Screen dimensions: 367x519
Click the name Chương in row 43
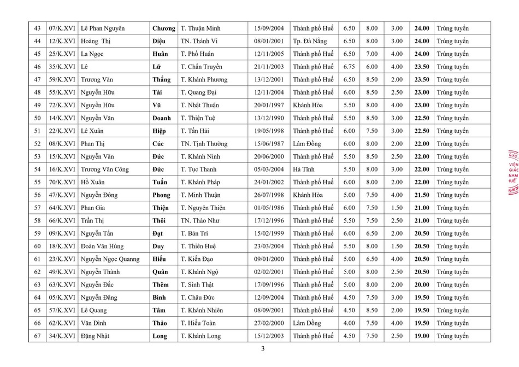coord(163,28)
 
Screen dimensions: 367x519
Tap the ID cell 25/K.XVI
coord(62,54)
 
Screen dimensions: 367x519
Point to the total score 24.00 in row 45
coord(422,54)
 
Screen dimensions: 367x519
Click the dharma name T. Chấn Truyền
coord(201,67)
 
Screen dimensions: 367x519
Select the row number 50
coord(37,118)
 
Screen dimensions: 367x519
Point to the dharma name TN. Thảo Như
coord(202,220)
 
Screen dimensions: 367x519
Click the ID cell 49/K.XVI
coord(62,272)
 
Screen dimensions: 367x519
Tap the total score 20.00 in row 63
coord(422,284)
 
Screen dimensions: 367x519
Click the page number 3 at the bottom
coord(263,349)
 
